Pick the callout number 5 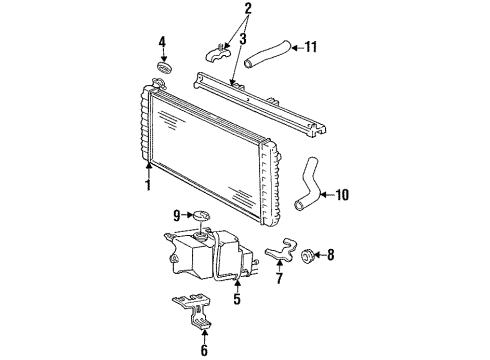click(x=237, y=297)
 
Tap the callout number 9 click(x=175, y=214)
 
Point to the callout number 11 click(x=310, y=45)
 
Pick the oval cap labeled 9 click(x=200, y=214)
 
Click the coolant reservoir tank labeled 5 click(x=200, y=255)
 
